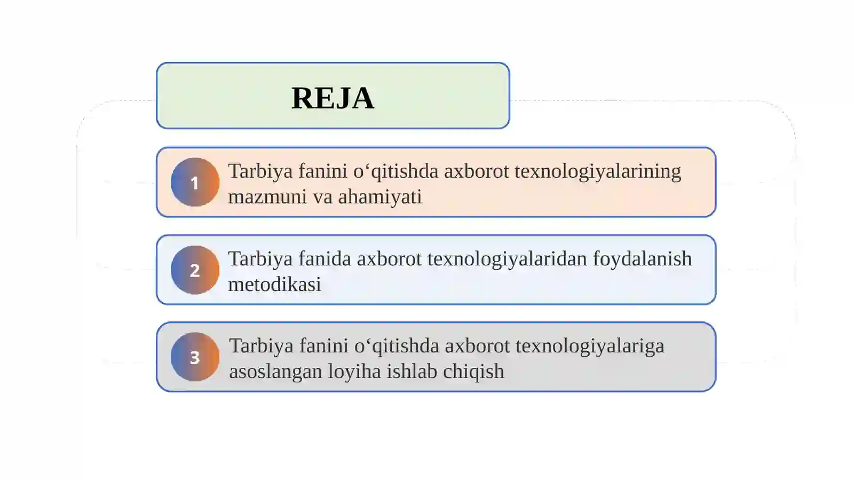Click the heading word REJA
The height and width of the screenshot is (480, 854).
coord(333,98)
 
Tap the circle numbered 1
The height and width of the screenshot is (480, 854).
coord(195,182)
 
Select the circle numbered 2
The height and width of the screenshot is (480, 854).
coord(195,270)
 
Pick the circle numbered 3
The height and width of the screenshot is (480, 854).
coord(195,357)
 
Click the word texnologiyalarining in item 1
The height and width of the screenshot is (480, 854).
coord(597,171)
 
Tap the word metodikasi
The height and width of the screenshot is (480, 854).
coord(274,285)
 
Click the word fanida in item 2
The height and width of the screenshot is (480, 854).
coord(325,259)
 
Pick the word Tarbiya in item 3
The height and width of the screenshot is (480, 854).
coord(262,346)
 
